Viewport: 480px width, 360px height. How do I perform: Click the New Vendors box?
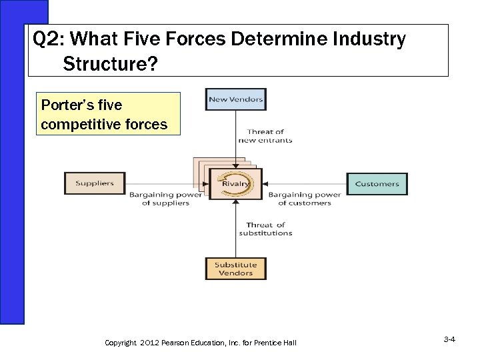[235, 101]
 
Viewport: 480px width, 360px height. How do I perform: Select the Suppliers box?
[94, 183]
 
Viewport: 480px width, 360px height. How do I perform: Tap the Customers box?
[377, 183]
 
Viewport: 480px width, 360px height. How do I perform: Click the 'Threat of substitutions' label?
[265, 229]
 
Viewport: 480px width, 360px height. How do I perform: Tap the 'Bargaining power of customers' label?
[304, 199]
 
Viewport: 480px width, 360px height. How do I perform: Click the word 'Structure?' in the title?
[111, 65]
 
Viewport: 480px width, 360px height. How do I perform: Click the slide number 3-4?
[449, 341]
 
